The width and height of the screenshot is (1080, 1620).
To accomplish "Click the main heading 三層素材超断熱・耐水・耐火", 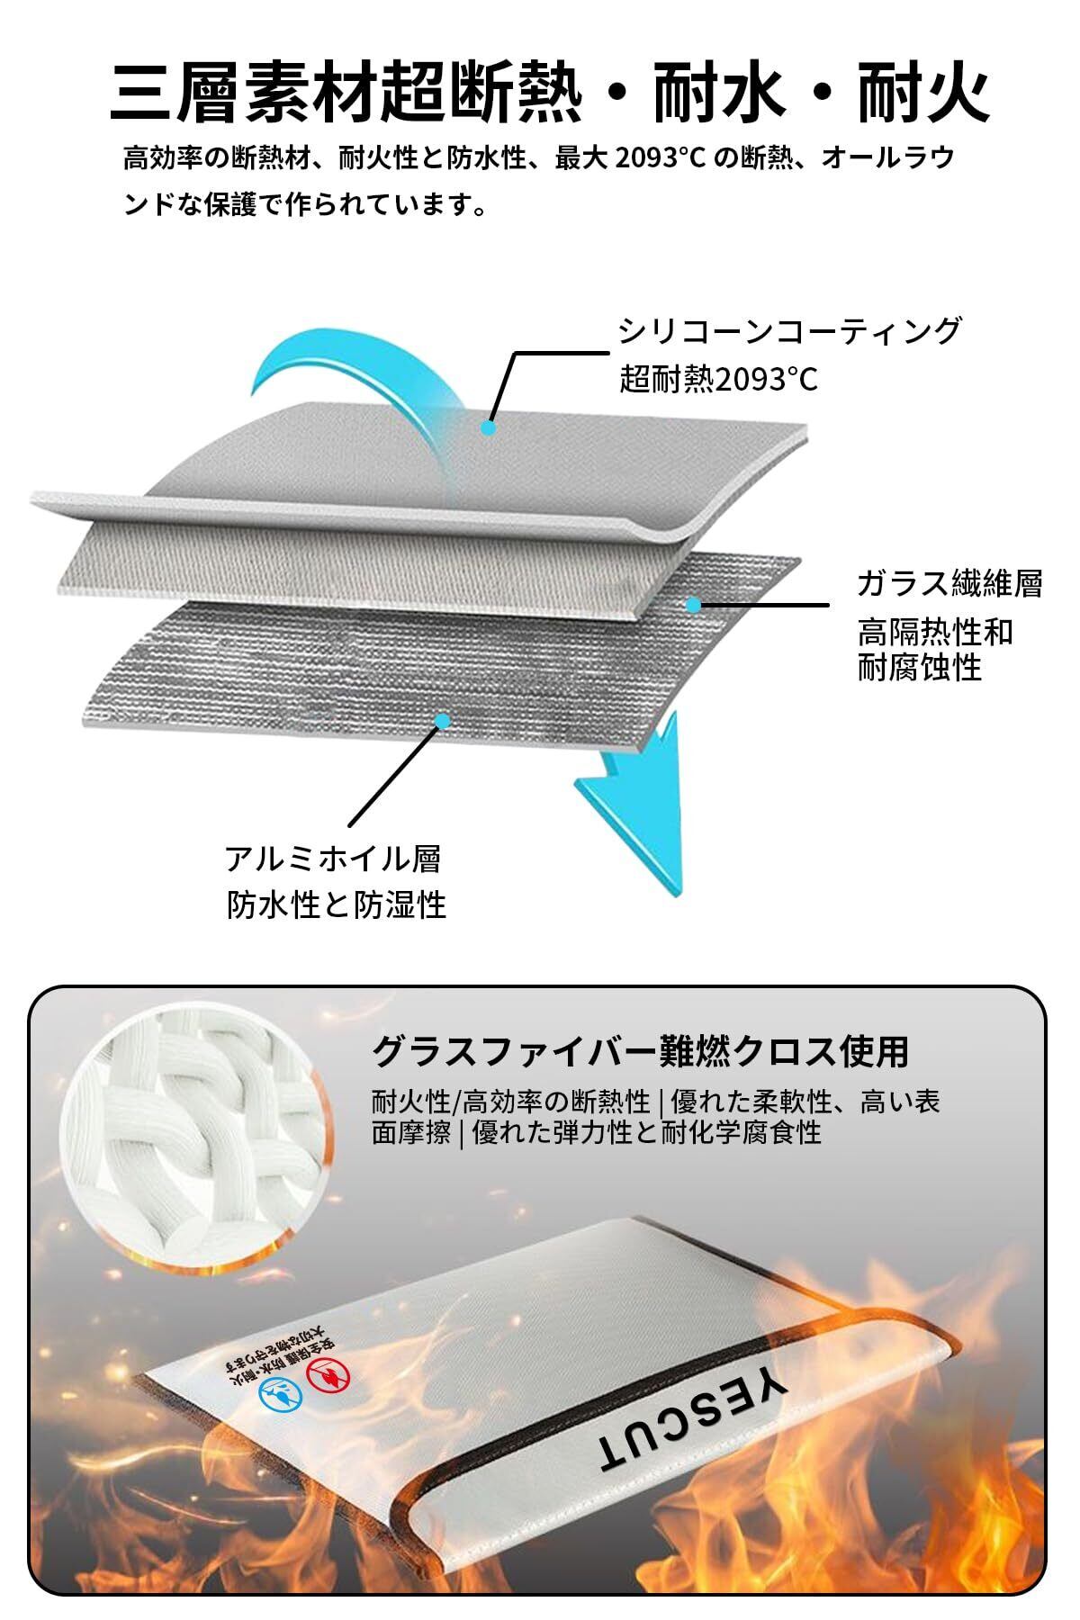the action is (549, 93).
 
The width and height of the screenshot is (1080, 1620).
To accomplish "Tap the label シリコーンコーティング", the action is (789, 331).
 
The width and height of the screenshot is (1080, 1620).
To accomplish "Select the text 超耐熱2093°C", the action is (718, 380).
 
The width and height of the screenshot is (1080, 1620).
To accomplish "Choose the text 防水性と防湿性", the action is (336, 904).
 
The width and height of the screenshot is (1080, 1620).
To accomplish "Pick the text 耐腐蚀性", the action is (919, 668).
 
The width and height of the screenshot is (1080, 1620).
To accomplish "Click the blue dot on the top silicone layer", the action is (489, 427).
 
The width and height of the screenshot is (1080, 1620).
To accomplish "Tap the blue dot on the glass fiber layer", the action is (692, 604).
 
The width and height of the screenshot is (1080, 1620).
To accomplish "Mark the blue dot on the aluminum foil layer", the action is (441, 720).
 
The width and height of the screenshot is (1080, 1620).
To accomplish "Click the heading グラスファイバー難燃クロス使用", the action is (640, 1049).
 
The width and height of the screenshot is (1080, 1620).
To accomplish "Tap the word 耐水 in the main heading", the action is (706, 93).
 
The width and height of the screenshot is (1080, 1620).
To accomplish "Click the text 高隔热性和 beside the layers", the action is (934, 632).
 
